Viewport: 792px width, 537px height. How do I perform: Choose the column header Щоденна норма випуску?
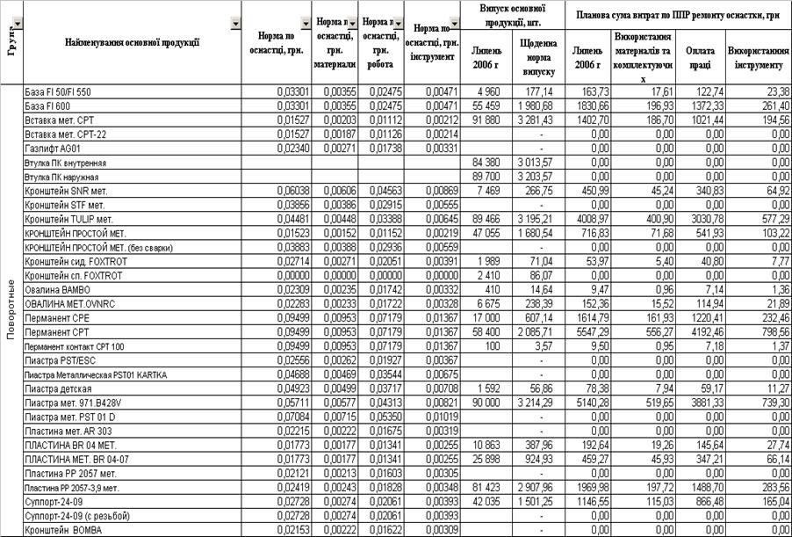coord(538,58)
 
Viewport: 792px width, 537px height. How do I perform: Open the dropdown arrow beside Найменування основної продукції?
coord(234,25)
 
